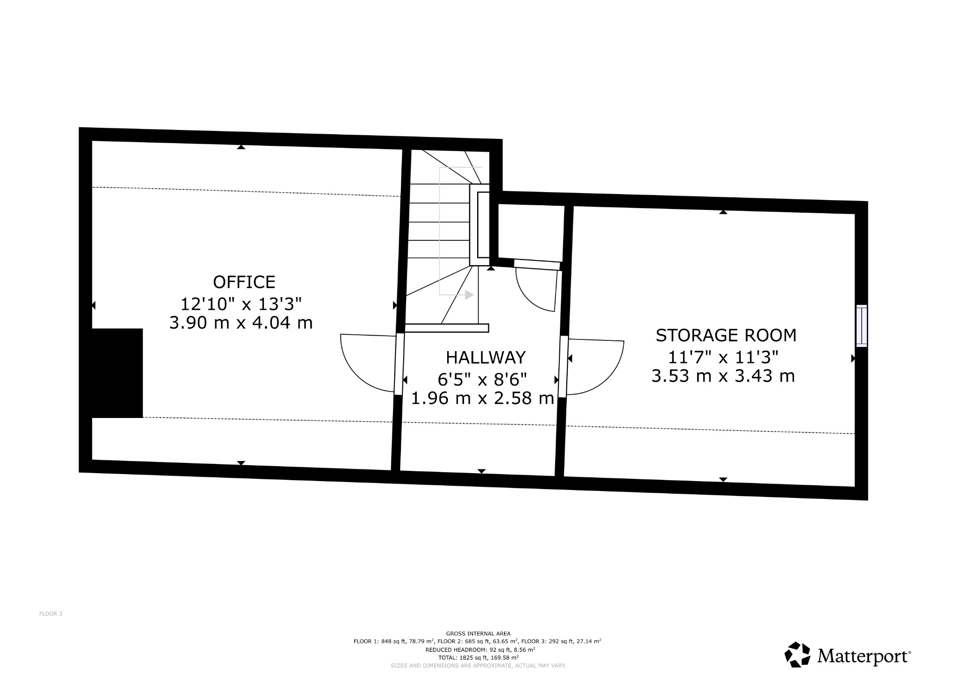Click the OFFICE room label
tap(244, 282)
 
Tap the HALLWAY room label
tap(486, 358)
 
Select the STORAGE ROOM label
tap(726, 336)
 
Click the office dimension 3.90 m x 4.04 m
tap(241, 323)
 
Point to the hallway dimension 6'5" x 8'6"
tap(482, 379)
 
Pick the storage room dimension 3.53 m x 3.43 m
tap(723, 376)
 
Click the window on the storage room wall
tap(861, 326)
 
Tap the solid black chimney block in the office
tap(117, 373)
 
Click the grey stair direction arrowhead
tap(469, 295)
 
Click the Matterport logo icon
tap(797, 654)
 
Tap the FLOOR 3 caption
tap(50, 614)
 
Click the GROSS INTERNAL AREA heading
tap(478, 634)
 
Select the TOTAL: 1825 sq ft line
tap(478, 657)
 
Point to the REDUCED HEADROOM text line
tap(480, 649)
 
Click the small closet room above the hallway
tap(531, 232)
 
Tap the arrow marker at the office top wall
tap(241, 147)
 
